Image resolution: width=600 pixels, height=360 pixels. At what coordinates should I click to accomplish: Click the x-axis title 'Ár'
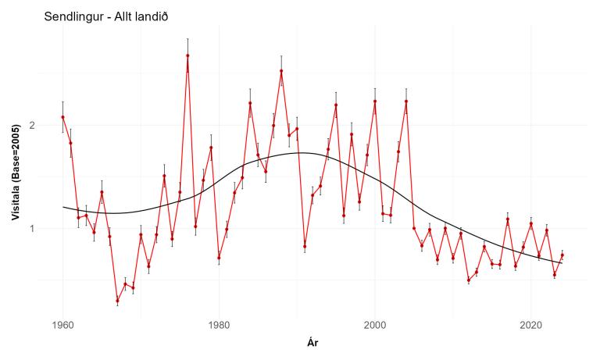tap(312, 342)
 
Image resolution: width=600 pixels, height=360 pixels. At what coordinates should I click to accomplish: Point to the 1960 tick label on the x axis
tap(62, 323)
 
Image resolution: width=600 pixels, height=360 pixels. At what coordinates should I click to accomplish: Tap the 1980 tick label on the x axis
tap(219, 323)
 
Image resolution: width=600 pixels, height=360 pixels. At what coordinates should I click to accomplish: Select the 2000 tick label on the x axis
tap(375, 323)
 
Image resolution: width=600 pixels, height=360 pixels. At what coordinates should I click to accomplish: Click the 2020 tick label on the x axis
tap(531, 323)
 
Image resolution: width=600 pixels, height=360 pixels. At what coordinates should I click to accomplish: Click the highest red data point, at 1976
tap(187, 55)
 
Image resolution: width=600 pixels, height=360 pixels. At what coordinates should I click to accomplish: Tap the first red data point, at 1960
tap(62, 117)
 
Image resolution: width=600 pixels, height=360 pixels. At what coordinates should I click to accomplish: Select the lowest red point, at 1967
tap(117, 301)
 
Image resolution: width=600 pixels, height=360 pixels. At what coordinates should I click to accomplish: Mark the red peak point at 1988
tap(281, 71)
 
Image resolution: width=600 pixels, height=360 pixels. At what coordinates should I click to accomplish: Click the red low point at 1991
tap(305, 247)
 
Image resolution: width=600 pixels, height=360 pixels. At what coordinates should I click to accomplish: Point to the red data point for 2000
tap(375, 102)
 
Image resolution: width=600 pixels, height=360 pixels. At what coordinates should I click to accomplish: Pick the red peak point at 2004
tap(406, 102)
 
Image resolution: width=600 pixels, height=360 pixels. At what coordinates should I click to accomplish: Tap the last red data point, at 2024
tap(562, 255)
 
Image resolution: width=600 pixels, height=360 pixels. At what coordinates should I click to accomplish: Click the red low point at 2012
tap(469, 280)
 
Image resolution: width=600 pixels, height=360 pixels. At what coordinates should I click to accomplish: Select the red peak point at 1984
tap(250, 103)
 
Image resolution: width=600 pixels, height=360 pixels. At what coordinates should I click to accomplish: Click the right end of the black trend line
tap(562, 263)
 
